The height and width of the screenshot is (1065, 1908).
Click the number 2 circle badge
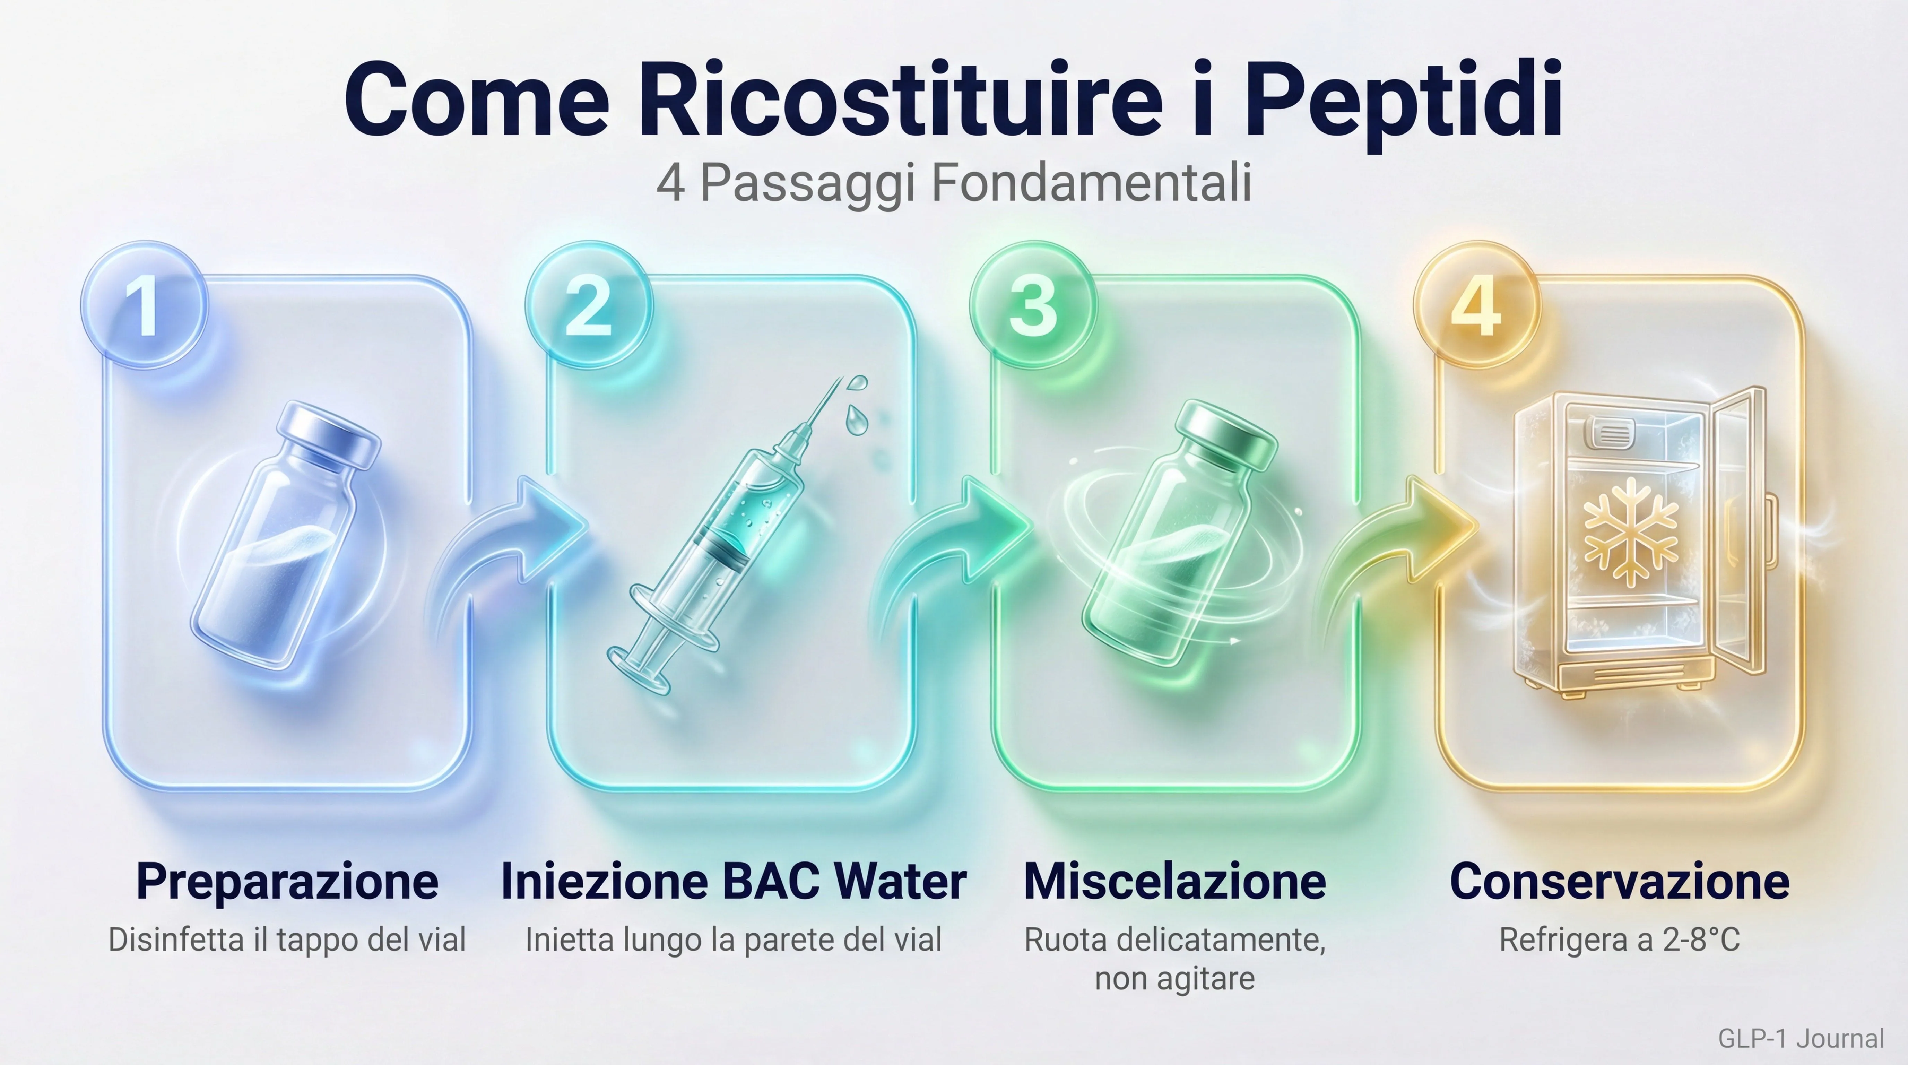[588, 304]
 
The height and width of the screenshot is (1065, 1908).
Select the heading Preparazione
[287, 881]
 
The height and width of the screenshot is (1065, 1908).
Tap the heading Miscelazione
[1175, 881]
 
